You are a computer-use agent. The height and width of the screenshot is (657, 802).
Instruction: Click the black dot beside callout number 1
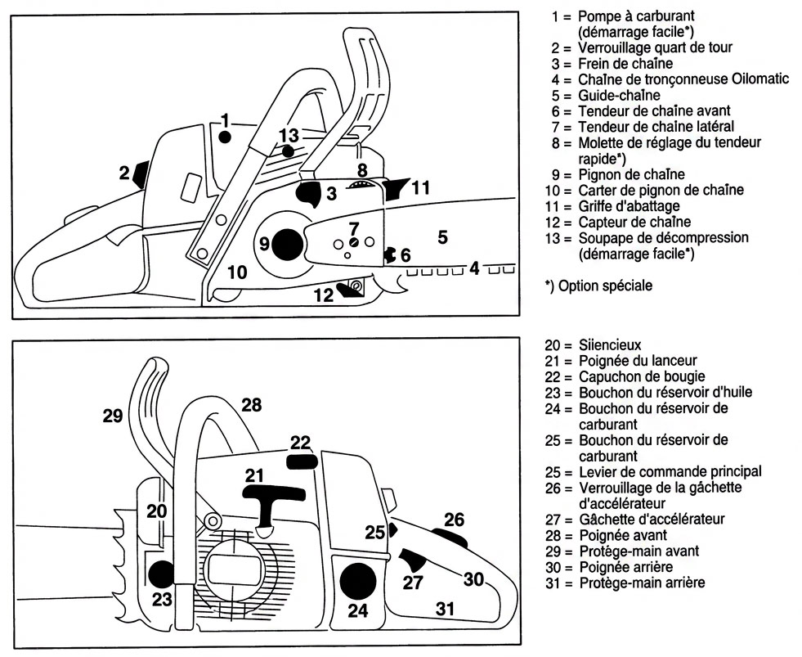(225, 137)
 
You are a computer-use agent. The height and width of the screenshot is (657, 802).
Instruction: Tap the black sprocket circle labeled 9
(287, 245)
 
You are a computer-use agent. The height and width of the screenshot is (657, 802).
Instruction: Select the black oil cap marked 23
(162, 574)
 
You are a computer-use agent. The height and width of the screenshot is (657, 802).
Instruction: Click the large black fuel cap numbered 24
(357, 582)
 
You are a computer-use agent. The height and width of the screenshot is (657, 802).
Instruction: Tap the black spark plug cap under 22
(302, 461)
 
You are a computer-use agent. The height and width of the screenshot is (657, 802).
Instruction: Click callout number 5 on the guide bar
(443, 237)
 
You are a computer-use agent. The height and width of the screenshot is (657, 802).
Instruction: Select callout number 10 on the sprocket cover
(237, 272)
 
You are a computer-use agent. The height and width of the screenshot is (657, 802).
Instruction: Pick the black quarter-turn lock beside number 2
(141, 174)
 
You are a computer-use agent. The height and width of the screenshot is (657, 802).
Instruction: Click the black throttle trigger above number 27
(414, 560)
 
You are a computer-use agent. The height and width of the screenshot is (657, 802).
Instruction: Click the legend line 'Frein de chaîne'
(625, 64)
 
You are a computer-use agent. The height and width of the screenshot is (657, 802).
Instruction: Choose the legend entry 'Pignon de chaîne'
(631, 174)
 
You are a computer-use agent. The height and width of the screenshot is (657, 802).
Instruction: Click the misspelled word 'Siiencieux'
(610, 345)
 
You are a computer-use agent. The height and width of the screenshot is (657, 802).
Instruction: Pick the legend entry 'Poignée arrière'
(625, 567)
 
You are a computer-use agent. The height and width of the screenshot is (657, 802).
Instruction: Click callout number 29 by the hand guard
(113, 416)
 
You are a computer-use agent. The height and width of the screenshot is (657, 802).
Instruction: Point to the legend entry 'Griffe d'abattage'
(630, 206)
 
